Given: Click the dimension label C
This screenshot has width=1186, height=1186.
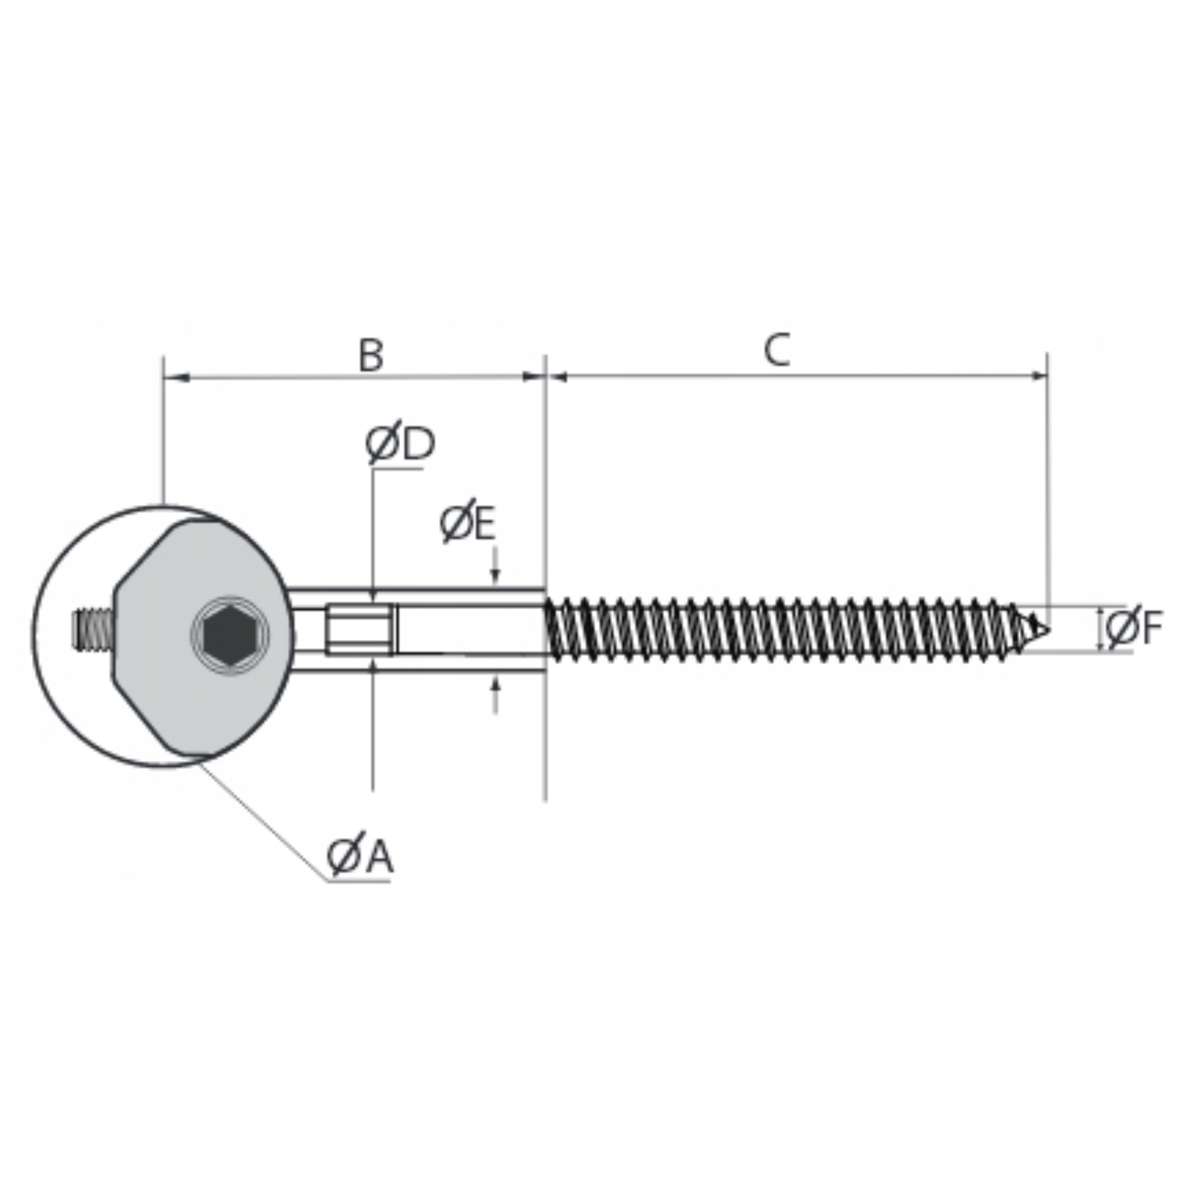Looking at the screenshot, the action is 778,350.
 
